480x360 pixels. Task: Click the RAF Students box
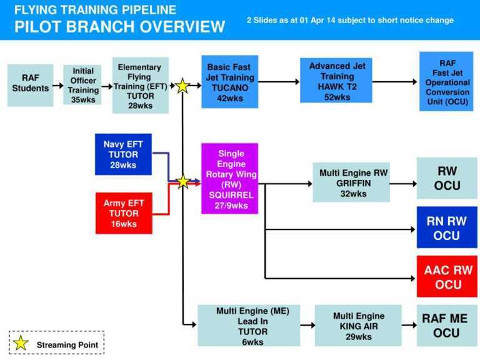[x=31, y=84]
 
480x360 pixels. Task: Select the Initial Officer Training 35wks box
[x=82, y=85]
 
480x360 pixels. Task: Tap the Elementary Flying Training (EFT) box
[x=140, y=86]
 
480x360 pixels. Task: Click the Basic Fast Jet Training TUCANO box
[x=229, y=82]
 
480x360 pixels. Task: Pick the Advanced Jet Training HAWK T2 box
[x=337, y=82]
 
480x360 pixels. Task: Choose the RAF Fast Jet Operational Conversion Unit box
[x=446, y=82]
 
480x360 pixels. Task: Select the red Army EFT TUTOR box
[x=124, y=213]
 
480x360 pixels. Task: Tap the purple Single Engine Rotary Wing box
[x=229, y=179]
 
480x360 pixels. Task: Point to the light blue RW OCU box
[x=447, y=178]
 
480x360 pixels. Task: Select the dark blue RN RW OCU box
[x=447, y=228]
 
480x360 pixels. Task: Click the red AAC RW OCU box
[x=447, y=277]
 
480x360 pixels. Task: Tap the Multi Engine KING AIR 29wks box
[x=358, y=325]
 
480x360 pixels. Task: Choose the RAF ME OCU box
[x=446, y=325]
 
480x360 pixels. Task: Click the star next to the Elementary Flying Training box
[x=182, y=86]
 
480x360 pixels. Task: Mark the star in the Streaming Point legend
[x=22, y=343]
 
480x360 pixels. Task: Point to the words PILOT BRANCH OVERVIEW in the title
[x=120, y=27]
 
